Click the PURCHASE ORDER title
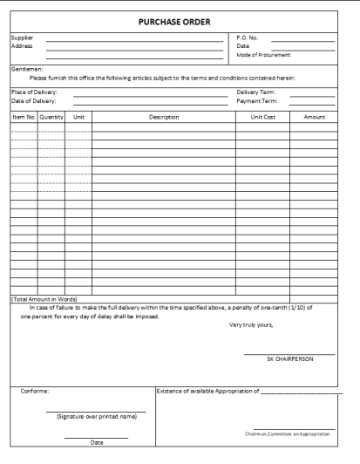pyautogui.click(x=174, y=21)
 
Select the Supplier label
pyautogui.click(x=22, y=38)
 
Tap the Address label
pyautogui.click(x=22, y=46)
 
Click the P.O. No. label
pyautogui.click(x=248, y=38)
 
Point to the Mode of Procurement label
pyautogui.click(x=265, y=55)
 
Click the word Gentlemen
pyautogui.click(x=27, y=68)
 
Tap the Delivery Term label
pyautogui.click(x=256, y=92)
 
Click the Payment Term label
pyautogui.click(x=256, y=100)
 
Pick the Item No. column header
pyautogui.click(x=24, y=116)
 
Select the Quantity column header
pyautogui.click(x=51, y=116)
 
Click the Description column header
pyautogui.click(x=164, y=116)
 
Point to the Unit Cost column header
pyautogui.click(x=262, y=116)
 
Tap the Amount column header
pyautogui.click(x=315, y=116)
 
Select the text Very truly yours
pyautogui.click(x=251, y=324)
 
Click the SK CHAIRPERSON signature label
pyautogui.click(x=289, y=358)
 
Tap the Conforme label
pyautogui.click(x=35, y=391)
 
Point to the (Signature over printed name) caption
pyautogui.click(x=96, y=417)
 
